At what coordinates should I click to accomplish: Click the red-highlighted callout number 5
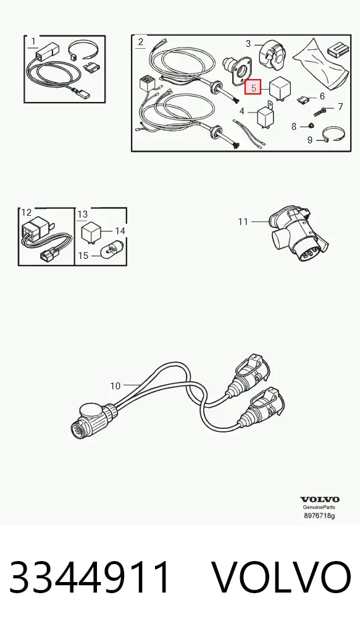click(x=253, y=87)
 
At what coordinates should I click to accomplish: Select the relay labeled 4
click(x=264, y=116)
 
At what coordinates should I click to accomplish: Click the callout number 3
click(x=248, y=43)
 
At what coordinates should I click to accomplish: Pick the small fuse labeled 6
click(x=303, y=99)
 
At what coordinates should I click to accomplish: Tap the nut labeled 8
click(x=310, y=127)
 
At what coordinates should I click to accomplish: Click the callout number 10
click(x=115, y=386)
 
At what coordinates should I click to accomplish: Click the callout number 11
click(x=243, y=221)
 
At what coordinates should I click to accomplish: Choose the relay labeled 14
click(x=91, y=232)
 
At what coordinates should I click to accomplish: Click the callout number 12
click(x=26, y=213)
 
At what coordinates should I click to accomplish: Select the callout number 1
click(x=33, y=41)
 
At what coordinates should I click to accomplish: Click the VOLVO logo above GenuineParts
click(x=319, y=499)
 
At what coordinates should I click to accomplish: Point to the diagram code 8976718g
click(x=319, y=515)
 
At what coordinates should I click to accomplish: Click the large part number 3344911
click(x=90, y=577)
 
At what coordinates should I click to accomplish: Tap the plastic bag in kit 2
click(x=324, y=64)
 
